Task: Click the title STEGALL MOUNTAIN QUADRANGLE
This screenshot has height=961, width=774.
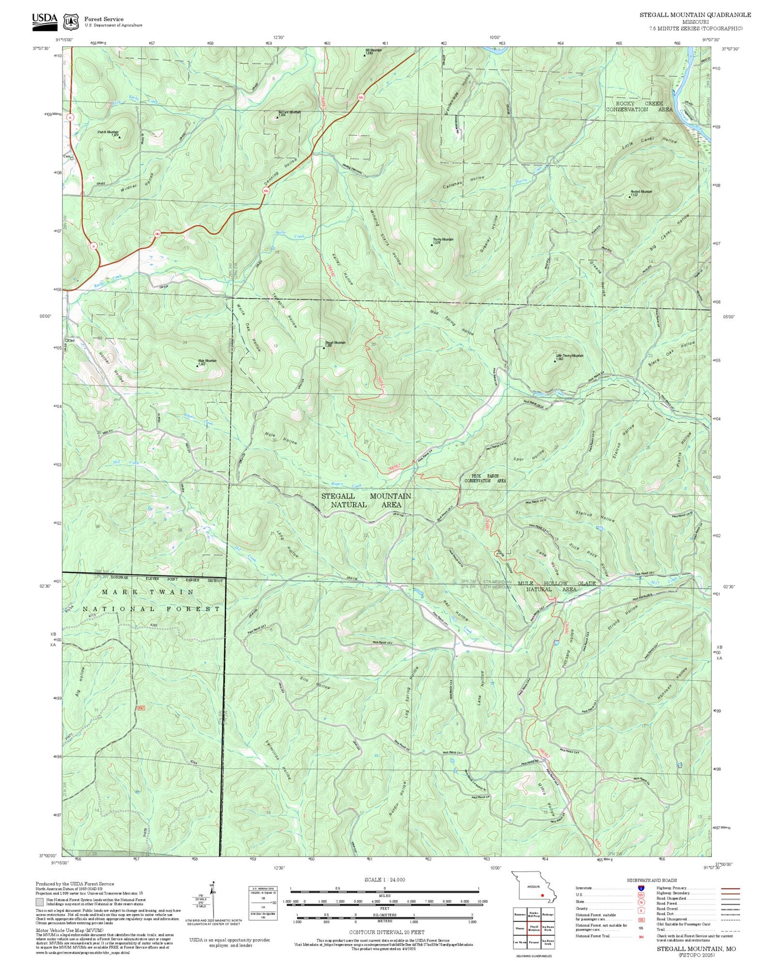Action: pos(695,15)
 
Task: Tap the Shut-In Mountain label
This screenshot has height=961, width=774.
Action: pos(108,133)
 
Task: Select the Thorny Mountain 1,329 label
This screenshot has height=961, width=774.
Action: pos(443,241)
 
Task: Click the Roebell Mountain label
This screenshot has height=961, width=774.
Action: pos(640,193)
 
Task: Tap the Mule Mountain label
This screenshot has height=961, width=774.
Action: pos(207,362)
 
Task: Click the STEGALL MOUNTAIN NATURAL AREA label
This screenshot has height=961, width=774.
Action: pos(366,500)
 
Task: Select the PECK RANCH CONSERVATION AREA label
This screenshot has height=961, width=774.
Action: pos(485,478)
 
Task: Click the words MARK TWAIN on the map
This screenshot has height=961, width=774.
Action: pos(148,592)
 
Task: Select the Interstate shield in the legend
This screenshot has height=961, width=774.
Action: pos(640,888)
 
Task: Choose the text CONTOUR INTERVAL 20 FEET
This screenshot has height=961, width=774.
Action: pos(386,932)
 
